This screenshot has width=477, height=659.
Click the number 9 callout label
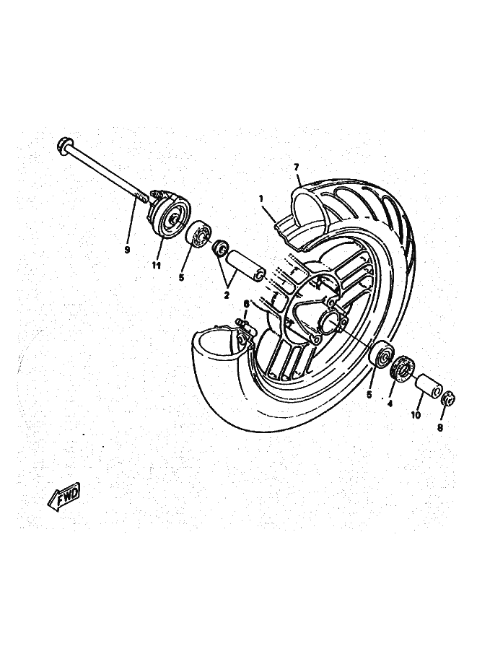pos(127,250)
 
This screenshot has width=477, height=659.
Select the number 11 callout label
pos(157,266)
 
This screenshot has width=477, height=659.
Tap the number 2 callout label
pos(227,294)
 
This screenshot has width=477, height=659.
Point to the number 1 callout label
pos(261,198)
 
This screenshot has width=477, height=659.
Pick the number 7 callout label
pos(297,167)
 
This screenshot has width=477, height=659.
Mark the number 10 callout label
pos(416,415)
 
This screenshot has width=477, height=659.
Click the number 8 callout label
pos(440,428)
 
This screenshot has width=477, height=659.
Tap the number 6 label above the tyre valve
pos(247,303)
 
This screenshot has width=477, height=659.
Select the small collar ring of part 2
pos(221,248)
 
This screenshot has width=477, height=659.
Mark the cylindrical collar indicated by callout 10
pos(428,386)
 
